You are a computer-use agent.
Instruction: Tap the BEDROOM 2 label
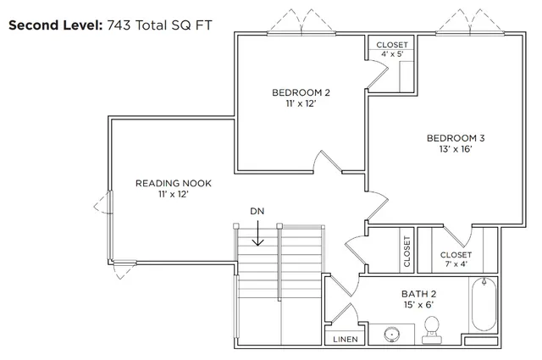[301, 92]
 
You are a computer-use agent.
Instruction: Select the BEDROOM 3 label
[456, 137]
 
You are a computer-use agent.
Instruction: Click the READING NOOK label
[174, 183]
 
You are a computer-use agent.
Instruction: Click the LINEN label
[346, 339]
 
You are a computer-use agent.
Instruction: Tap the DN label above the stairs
[258, 210]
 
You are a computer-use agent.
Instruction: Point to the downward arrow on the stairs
[258, 233]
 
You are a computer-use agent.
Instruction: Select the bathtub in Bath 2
[483, 307]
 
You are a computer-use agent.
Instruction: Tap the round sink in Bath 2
[392, 334]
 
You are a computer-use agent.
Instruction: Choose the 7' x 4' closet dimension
[456, 265]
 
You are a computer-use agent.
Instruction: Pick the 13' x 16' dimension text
[456, 148]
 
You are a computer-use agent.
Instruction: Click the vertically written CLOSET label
[407, 252]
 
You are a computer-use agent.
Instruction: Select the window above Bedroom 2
[298, 32]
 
